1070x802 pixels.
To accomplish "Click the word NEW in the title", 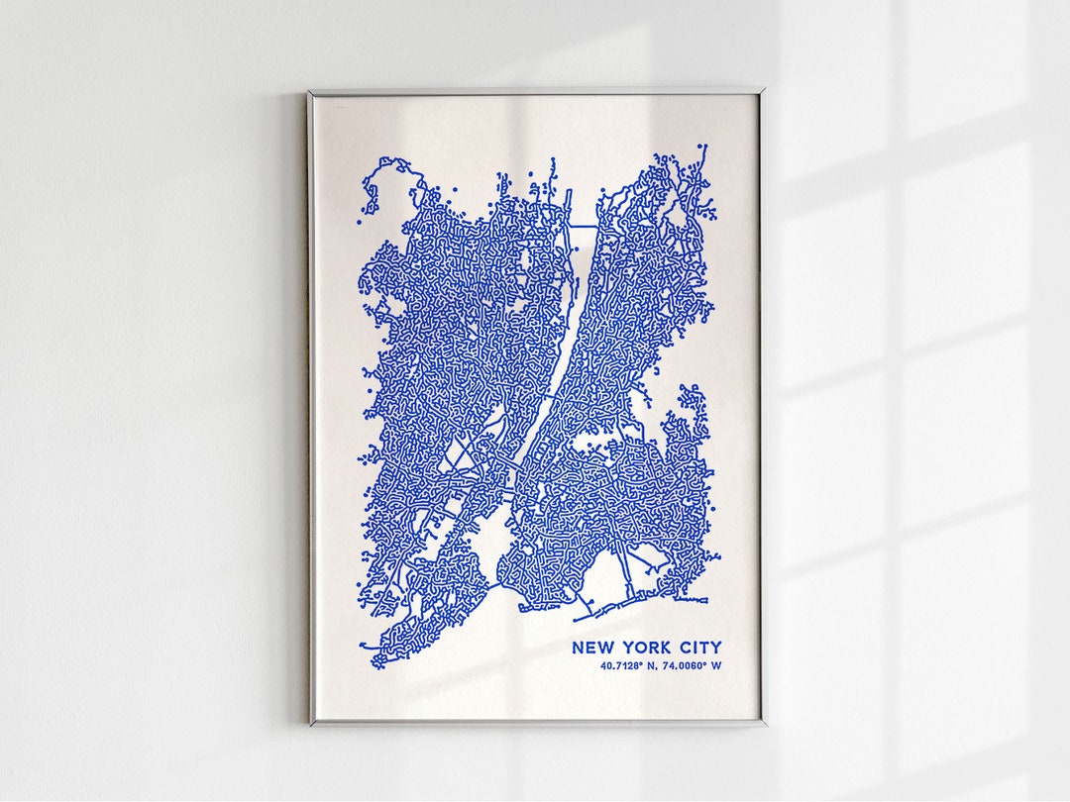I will click(591, 648).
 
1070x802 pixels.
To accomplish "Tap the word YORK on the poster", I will click(648, 648).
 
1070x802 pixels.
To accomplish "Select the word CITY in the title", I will click(700, 648).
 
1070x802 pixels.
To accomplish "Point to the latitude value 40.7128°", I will click(620, 665).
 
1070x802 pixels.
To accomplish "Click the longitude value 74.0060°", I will click(682, 665).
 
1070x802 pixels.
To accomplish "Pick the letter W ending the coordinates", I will click(716, 665).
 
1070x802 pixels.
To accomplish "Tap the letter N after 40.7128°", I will click(649, 665).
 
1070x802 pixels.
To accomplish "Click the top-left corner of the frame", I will click(310, 93).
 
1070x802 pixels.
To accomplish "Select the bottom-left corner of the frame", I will click(311, 724).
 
